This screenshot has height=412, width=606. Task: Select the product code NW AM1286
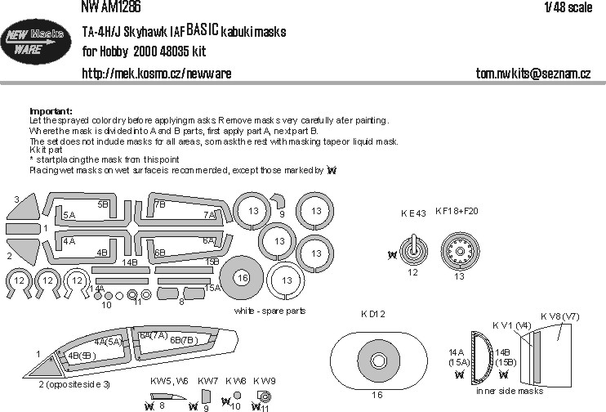pyautogui.click(x=112, y=7)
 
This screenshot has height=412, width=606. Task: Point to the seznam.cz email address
pyautogui.click(x=533, y=74)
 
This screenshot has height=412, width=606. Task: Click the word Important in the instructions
pyautogui.click(x=51, y=111)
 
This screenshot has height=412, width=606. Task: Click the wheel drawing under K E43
pyautogui.click(x=414, y=249)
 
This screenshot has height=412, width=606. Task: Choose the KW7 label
pyautogui.click(x=207, y=381)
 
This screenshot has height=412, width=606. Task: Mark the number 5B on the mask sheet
pyautogui.click(x=104, y=204)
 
